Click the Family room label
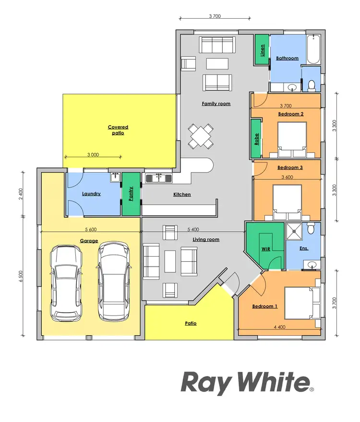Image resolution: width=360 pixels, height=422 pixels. pos(216,104)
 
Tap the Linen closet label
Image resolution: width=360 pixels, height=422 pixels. pos(262,50)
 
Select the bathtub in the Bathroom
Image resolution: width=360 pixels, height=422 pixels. pos(314,50)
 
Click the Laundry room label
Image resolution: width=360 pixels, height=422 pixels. pos(91,194)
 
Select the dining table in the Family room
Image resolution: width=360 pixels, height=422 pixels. pos(201,136)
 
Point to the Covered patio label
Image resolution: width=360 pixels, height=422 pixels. pos(118,130)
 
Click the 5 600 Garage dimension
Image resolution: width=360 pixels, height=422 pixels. pos(89,229)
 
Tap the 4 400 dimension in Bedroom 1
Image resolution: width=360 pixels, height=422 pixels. pos(279,327)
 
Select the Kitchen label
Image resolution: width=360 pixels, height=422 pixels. pos(182,194)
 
